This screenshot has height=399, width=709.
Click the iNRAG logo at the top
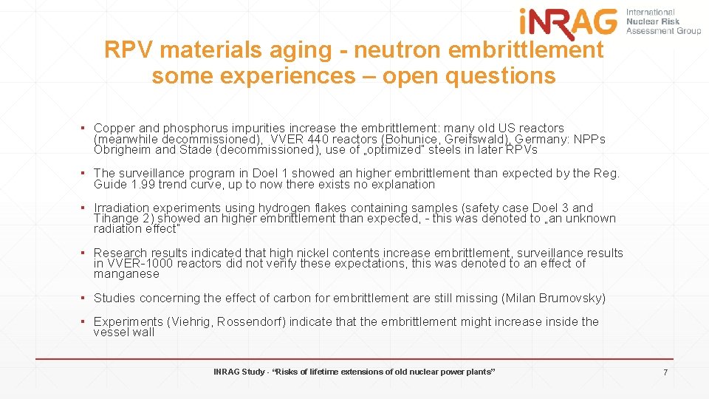(x=568, y=21)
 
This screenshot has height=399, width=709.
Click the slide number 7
(x=665, y=372)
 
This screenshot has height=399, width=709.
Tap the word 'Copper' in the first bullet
(x=115, y=129)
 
